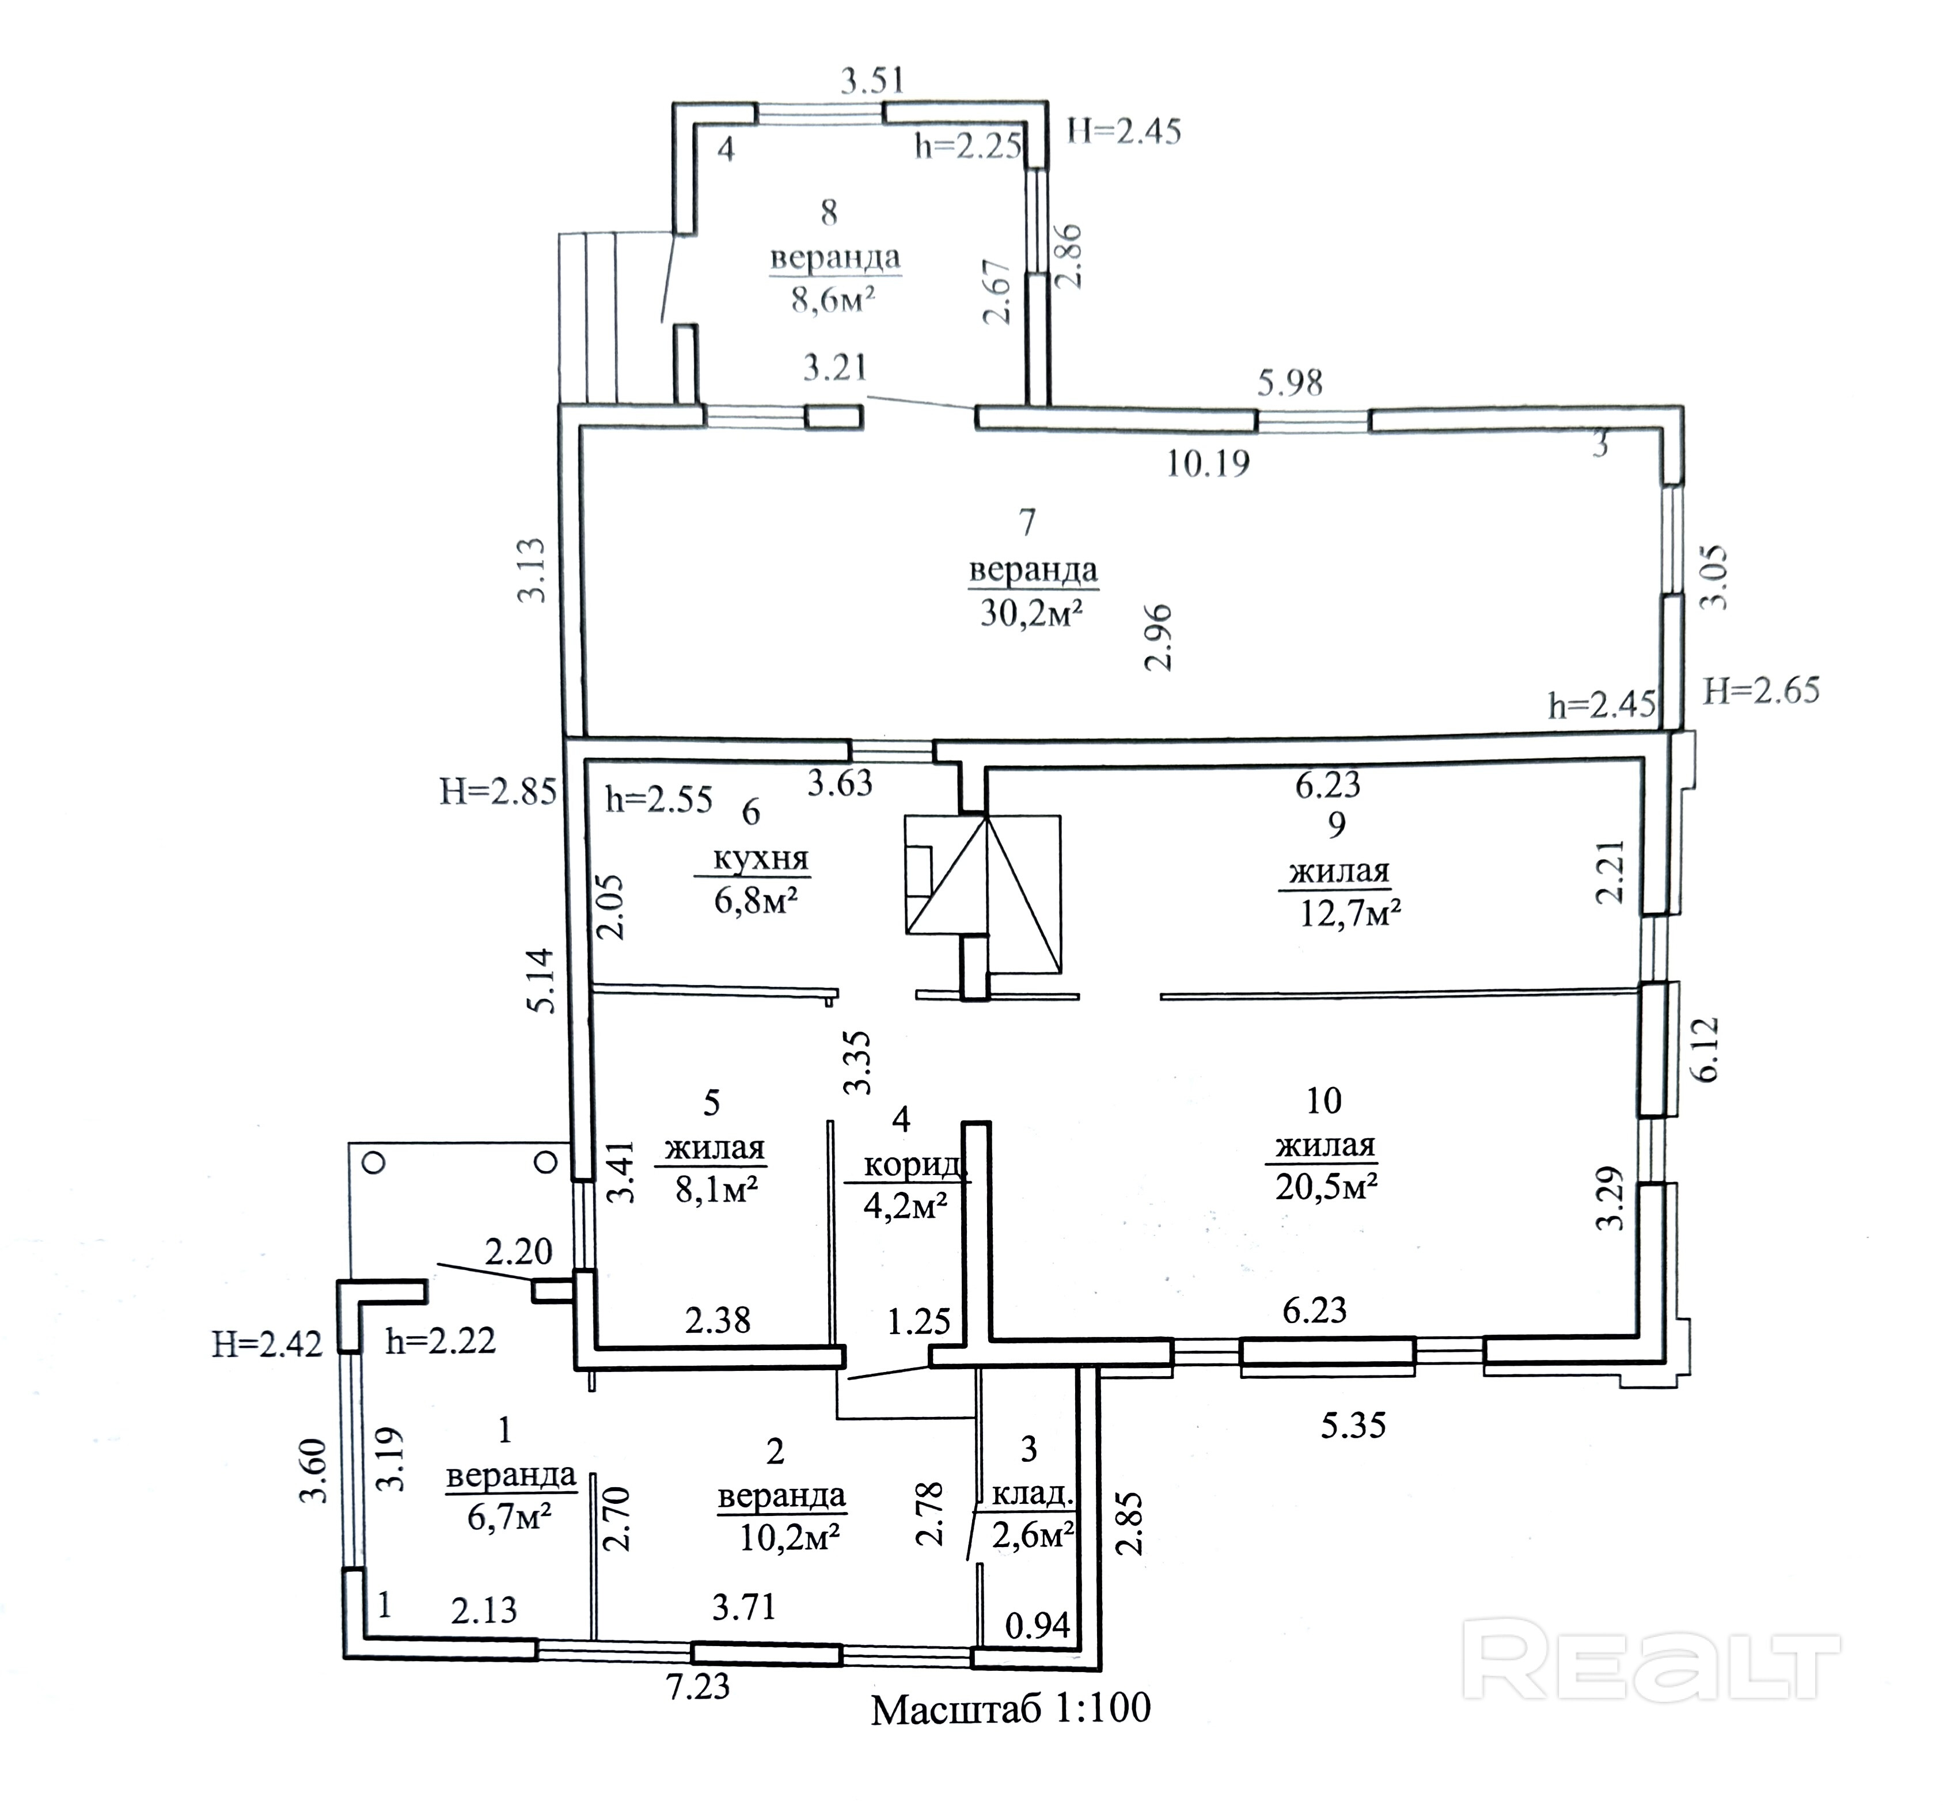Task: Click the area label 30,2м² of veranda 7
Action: click(x=1033, y=613)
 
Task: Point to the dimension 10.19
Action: click(x=1208, y=462)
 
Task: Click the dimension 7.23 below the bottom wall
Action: click(x=697, y=1686)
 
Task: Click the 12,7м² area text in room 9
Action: click(x=1351, y=913)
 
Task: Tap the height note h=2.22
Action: click(x=441, y=1341)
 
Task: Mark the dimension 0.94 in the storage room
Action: click(x=1038, y=1625)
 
